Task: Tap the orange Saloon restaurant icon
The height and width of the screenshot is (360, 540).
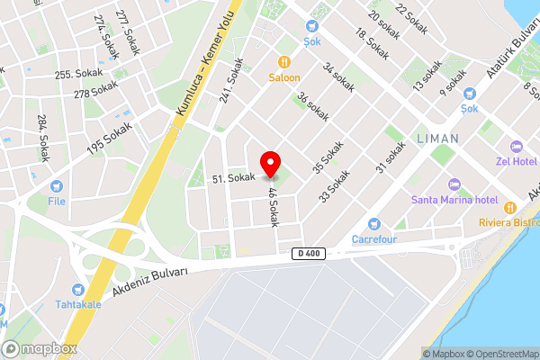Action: click(284, 62)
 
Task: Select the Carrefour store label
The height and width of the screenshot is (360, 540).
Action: click(373, 239)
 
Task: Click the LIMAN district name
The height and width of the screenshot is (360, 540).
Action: click(437, 139)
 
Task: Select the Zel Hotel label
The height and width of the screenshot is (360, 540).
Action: click(516, 162)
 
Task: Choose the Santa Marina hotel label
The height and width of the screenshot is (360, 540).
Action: click(454, 199)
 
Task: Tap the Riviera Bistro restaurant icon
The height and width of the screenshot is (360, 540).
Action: click(510, 207)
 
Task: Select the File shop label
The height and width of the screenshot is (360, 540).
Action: click(57, 201)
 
